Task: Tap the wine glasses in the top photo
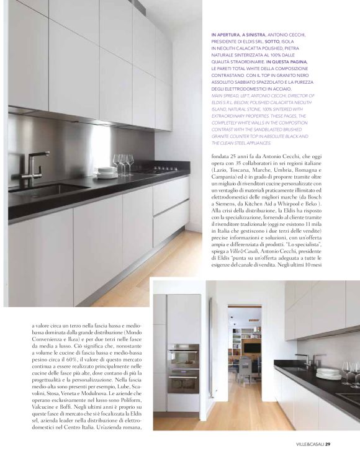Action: (x=122, y=163)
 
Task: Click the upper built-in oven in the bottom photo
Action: (x=183, y=356)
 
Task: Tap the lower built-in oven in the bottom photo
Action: (x=183, y=379)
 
